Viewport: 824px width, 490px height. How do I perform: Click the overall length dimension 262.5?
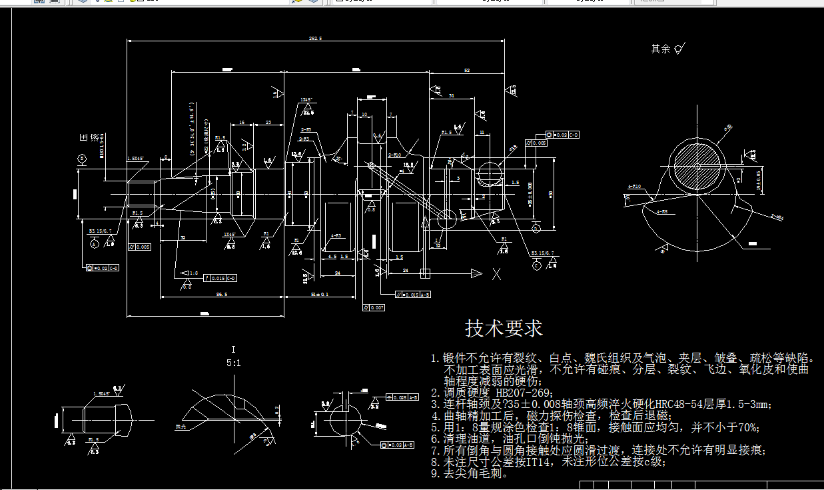315,39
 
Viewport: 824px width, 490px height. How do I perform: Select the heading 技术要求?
504,328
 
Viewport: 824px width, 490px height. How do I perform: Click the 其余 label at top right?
660,49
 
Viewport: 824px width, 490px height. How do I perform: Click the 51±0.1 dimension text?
320,293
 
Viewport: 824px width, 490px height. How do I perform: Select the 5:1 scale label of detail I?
233,364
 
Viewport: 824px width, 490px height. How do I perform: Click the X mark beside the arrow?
496,273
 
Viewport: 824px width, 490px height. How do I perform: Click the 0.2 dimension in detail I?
277,407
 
